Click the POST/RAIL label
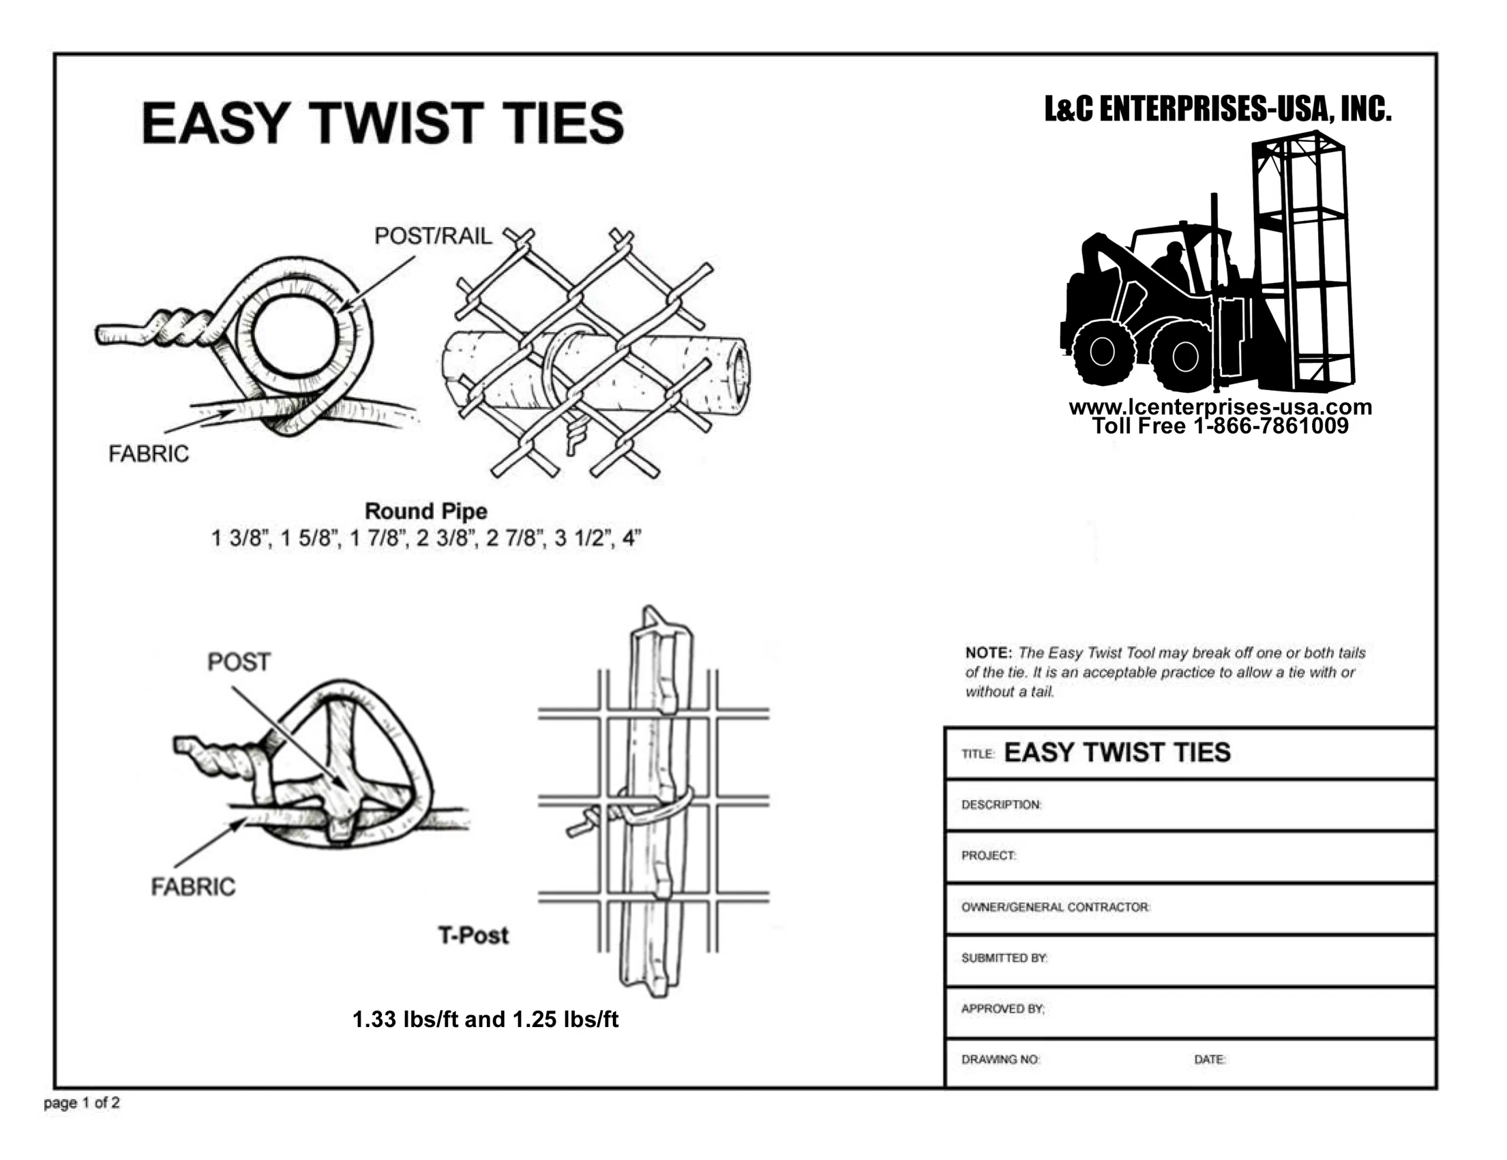pos(433,236)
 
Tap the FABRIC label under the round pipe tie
pos(148,454)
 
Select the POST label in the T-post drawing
pos(239,662)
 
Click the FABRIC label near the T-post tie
pos(193,887)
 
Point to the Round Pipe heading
pos(426,511)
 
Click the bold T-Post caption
pos(473,935)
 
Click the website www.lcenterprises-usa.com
pos(1220,407)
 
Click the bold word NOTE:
pos(988,652)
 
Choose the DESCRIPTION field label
pos(1001,805)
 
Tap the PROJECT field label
pos(989,856)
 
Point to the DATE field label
pos(1210,1059)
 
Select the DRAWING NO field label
pos(1001,1059)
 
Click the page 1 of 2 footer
pos(81,1103)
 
